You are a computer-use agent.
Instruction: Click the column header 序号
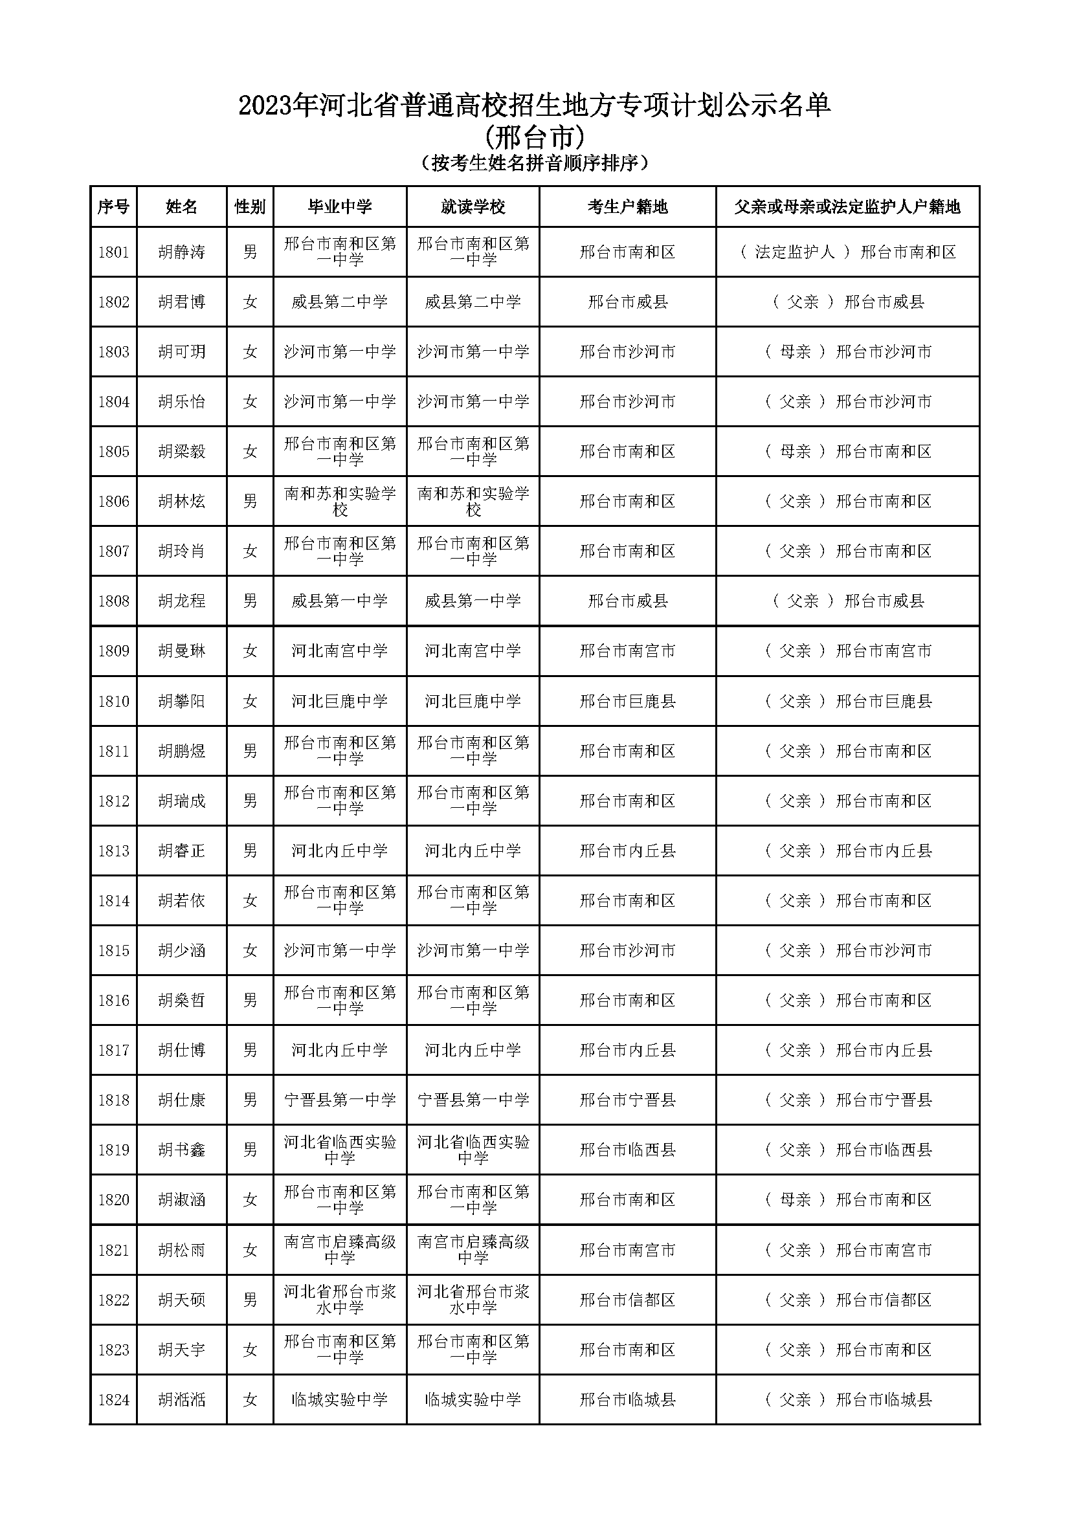[x=113, y=207]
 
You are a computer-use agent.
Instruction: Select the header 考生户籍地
[x=627, y=207]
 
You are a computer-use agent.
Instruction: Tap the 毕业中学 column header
[x=340, y=207]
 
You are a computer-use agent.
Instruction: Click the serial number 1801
[x=113, y=252]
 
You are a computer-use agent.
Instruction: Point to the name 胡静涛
[x=181, y=252]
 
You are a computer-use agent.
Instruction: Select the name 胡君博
[x=181, y=302]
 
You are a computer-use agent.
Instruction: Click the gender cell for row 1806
[x=250, y=501]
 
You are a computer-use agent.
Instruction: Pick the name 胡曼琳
[x=181, y=651]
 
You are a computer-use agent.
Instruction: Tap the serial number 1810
[x=113, y=701]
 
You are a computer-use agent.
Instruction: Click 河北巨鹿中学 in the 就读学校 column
[x=473, y=701]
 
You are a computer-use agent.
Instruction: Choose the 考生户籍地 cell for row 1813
[x=627, y=851]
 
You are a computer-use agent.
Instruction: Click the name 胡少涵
[x=181, y=950]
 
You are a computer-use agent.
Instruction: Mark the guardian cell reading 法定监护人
[x=847, y=252]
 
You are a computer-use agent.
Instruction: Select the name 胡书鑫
[x=181, y=1150]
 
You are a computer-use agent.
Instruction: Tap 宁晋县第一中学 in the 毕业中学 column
[x=340, y=1100]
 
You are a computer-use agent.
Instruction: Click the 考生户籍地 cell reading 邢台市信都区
[x=627, y=1300]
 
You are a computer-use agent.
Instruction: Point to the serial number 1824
[x=113, y=1399]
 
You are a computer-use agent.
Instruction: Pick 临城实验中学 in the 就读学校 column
[x=473, y=1399]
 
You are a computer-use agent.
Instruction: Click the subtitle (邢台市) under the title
[x=535, y=137]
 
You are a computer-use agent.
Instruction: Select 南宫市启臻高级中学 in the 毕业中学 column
[x=340, y=1249]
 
